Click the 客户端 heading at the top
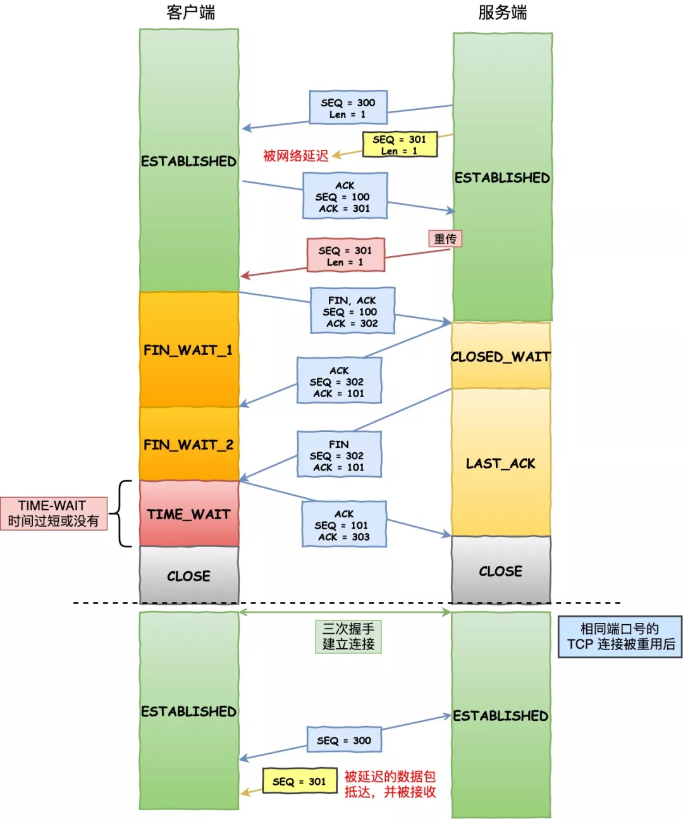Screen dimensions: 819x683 tap(190, 13)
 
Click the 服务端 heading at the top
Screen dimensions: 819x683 tap(502, 13)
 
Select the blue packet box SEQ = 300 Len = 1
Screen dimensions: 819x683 tap(348, 108)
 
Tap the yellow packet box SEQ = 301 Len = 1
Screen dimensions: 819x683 tap(399, 145)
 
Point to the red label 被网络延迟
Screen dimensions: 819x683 tap(295, 156)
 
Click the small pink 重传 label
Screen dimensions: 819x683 tap(445, 238)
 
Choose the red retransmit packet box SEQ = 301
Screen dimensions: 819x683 tap(345, 256)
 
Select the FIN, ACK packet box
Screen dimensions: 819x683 tap(352, 311)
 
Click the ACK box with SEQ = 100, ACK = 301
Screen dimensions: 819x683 tap(345, 197)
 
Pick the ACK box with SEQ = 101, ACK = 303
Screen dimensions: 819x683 tap(343, 525)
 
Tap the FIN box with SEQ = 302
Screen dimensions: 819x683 tap(339, 455)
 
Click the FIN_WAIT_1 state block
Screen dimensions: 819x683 tap(188, 350)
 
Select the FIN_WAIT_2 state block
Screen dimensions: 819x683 tap(188, 445)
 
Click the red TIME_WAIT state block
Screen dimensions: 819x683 tap(188, 514)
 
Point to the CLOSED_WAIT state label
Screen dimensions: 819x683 tap(500, 357)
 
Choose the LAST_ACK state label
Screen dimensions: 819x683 tap(500, 464)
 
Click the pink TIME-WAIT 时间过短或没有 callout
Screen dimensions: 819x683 tap(54, 513)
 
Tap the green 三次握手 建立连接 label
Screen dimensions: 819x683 tap(348, 636)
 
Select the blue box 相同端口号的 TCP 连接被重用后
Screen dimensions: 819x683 tap(620, 637)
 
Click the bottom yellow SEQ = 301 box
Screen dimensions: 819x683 tap(299, 782)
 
